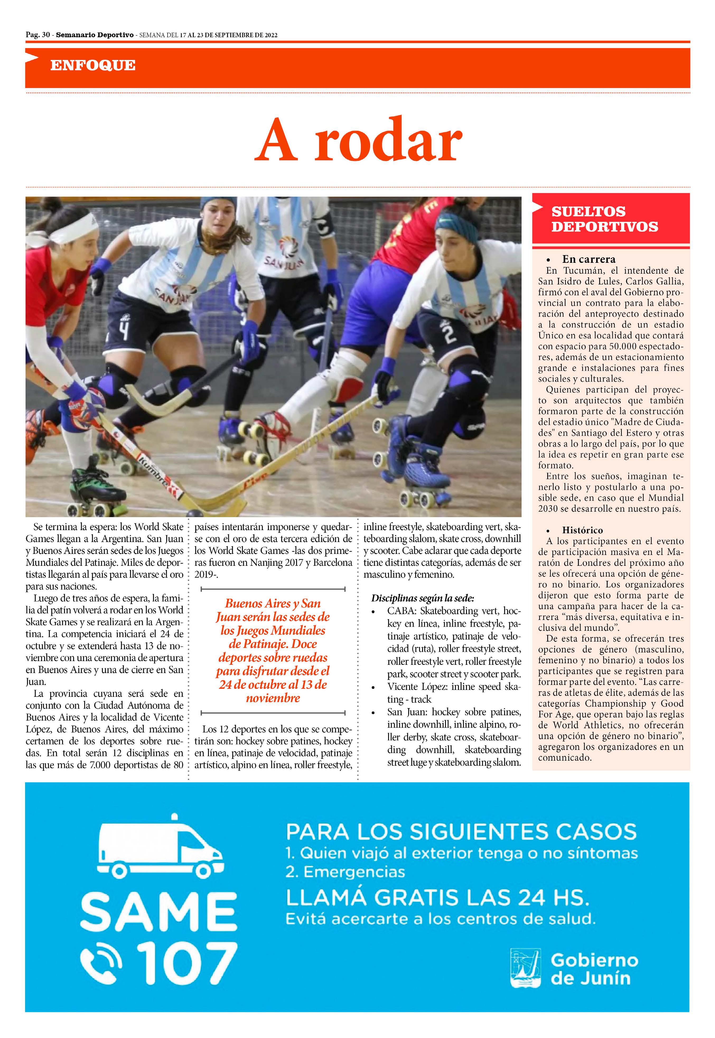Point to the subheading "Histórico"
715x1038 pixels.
(x=582, y=530)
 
